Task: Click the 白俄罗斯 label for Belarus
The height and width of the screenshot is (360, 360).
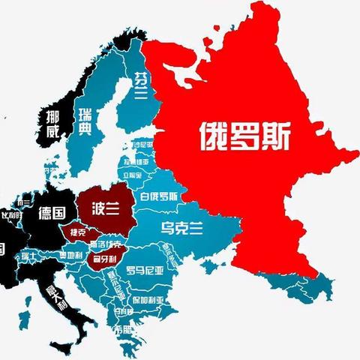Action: click(158, 197)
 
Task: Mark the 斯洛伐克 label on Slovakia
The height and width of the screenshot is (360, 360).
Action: click(105, 244)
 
